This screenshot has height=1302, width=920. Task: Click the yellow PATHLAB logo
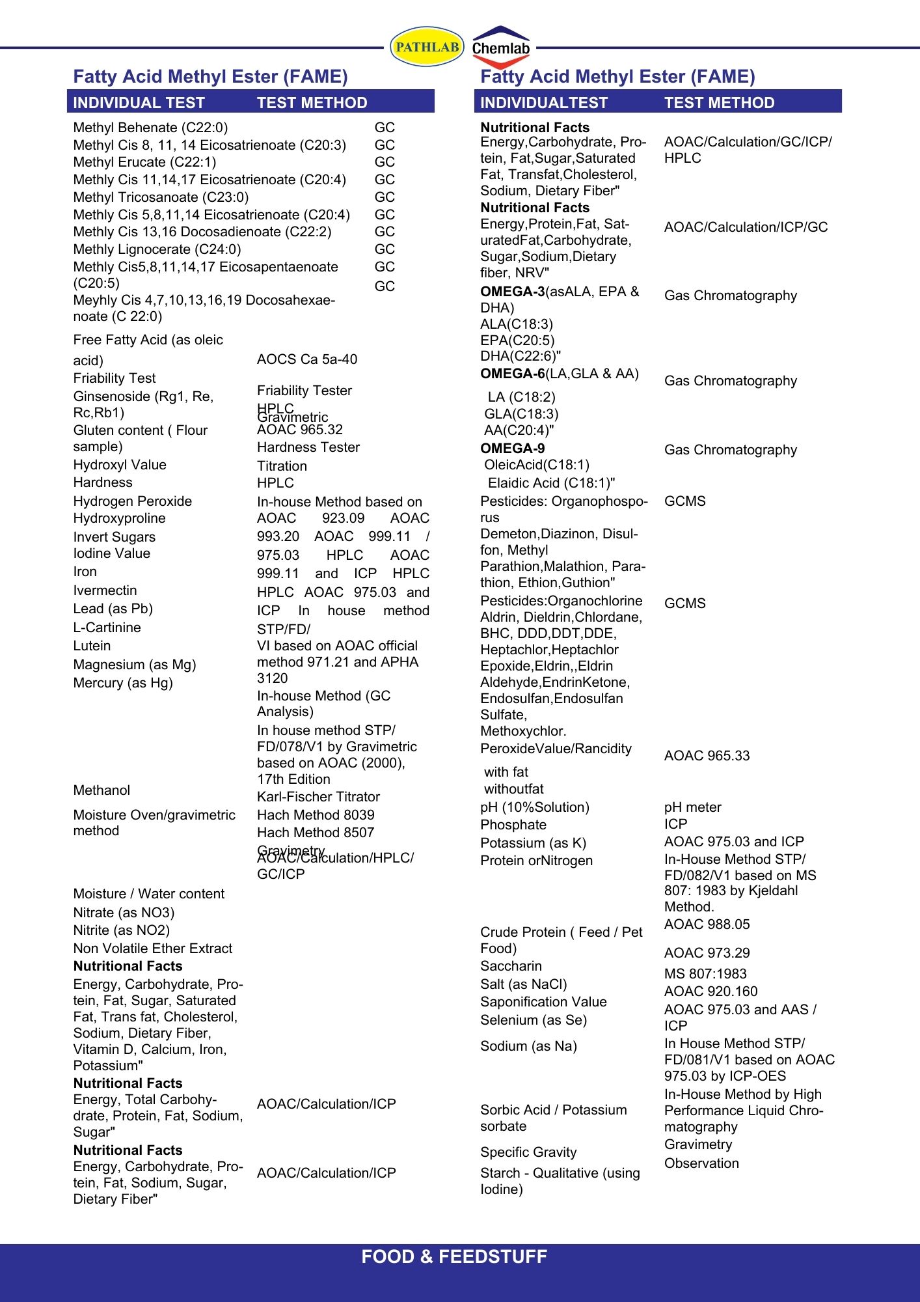tap(427, 47)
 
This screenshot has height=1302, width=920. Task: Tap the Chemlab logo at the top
tap(500, 48)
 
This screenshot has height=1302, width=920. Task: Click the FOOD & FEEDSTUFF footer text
tap(454, 1256)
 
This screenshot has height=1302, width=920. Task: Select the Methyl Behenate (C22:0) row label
tap(150, 128)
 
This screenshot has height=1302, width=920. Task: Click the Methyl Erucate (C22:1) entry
tap(144, 162)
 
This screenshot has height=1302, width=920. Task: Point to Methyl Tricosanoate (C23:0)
tap(161, 197)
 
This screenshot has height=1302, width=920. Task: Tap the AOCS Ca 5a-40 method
tap(307, 359)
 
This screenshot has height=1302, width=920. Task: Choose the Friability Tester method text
tap(304, 391)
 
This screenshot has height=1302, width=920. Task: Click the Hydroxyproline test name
tap(120, 518)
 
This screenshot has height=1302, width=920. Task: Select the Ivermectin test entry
tap(105, 590)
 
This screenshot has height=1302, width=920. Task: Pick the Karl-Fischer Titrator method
tap(318, 797)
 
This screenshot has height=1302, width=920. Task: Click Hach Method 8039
tap(316, 815)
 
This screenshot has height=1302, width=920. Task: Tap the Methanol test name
tap(101, 790)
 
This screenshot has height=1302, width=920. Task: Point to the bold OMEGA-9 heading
tap(513, 449)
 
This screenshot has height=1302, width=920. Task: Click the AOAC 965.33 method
tap(707, 756)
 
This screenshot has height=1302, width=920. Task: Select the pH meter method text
tap(692, 807)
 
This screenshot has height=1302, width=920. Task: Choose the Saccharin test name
tap(511, 966)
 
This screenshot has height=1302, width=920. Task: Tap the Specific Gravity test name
tap(528, 1152)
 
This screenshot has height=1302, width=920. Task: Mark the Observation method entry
tap(701, 1163)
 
